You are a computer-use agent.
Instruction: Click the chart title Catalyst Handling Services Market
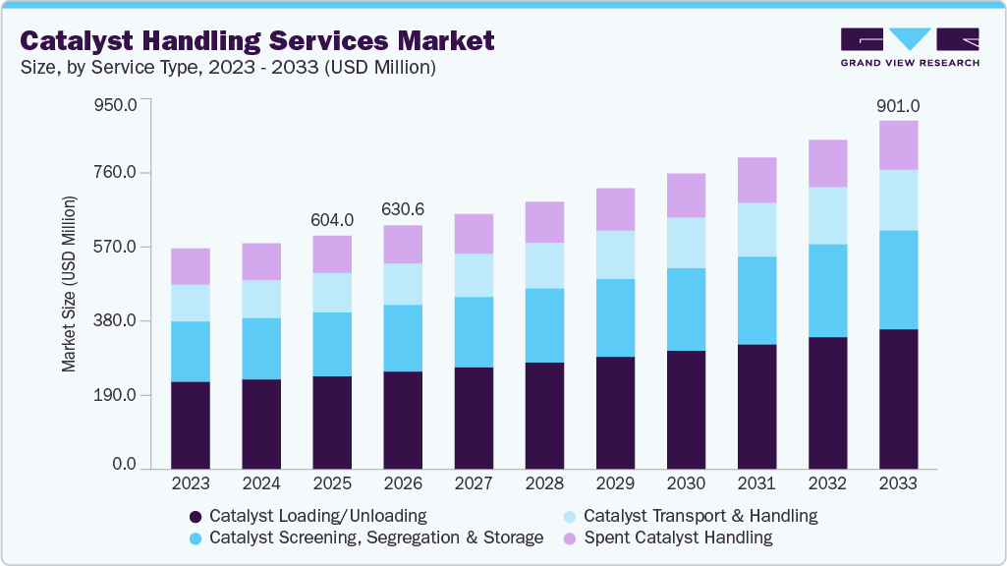(257, 41)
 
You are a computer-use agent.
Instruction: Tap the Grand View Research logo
(909, 46)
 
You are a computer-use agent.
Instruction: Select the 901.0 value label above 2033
(898, 106)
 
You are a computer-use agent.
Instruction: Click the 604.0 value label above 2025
(332, 221)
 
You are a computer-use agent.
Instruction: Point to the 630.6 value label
(403, 210)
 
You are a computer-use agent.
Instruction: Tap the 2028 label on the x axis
(544, 484)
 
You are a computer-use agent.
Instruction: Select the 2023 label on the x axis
(190, 484)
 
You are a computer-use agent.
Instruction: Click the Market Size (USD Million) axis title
(69, 284)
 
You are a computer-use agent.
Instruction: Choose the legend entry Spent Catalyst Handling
(678, 538)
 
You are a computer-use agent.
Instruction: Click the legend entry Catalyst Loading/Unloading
(317, 516)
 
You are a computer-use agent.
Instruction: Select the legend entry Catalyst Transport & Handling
(699, 516)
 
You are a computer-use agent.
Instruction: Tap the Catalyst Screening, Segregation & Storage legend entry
(375, 538)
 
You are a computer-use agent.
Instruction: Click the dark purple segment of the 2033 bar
(898, 399)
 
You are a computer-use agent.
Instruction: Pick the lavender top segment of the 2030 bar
(686, 196)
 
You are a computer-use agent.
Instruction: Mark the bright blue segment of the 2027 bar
(474, 332)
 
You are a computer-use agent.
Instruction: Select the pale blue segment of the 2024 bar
(261, 299)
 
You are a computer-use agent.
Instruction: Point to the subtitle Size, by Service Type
(228, 68)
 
